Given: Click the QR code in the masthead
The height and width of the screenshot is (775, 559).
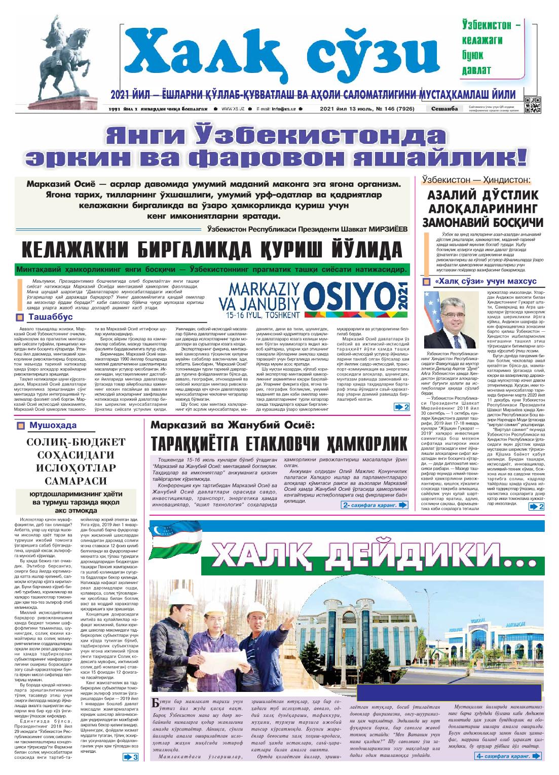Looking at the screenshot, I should [533, 105].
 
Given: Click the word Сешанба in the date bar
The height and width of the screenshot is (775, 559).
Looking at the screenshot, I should [444, 109].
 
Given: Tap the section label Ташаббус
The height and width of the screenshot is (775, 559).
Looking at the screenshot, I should [50, 317].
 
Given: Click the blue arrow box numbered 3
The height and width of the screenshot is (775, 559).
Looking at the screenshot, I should [131, 757].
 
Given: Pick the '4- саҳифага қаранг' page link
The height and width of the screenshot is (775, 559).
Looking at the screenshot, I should [507, 756].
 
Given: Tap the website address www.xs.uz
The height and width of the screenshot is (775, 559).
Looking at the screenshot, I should [233, 109].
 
